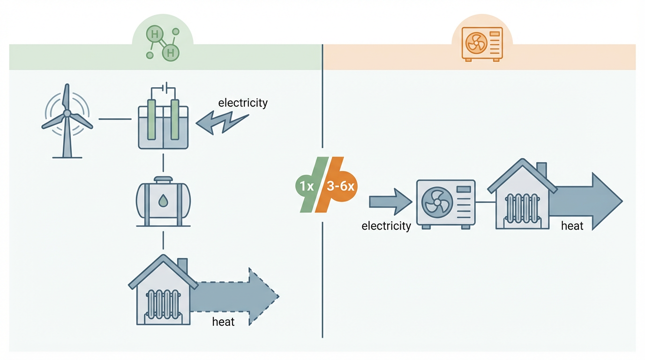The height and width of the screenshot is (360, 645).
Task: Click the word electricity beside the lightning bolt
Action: [x=243, y=103]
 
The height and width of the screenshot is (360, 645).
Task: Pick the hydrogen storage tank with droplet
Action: [x=163, y=201]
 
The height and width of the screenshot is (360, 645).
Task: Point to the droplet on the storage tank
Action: [x=163, y=201]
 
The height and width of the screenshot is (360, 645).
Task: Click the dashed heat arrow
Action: [x=239, y=296]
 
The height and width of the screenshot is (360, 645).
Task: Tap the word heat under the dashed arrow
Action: [x=223, y=322]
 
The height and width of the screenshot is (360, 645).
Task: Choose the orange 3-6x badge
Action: [x=341, y=186]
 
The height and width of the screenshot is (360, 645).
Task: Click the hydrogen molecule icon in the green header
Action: [x=162, y=44]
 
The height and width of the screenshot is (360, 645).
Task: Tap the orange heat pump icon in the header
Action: [x=482, y=44]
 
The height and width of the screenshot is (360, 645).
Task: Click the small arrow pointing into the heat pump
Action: [x=390, y=202]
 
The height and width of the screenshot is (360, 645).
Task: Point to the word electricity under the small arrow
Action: [x=386, y=226]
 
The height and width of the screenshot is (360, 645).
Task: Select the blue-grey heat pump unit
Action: [x=446, y=203]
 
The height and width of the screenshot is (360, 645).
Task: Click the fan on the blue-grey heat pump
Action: [x=437, y=203]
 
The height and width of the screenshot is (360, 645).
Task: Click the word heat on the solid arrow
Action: [x=572, y=226]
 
